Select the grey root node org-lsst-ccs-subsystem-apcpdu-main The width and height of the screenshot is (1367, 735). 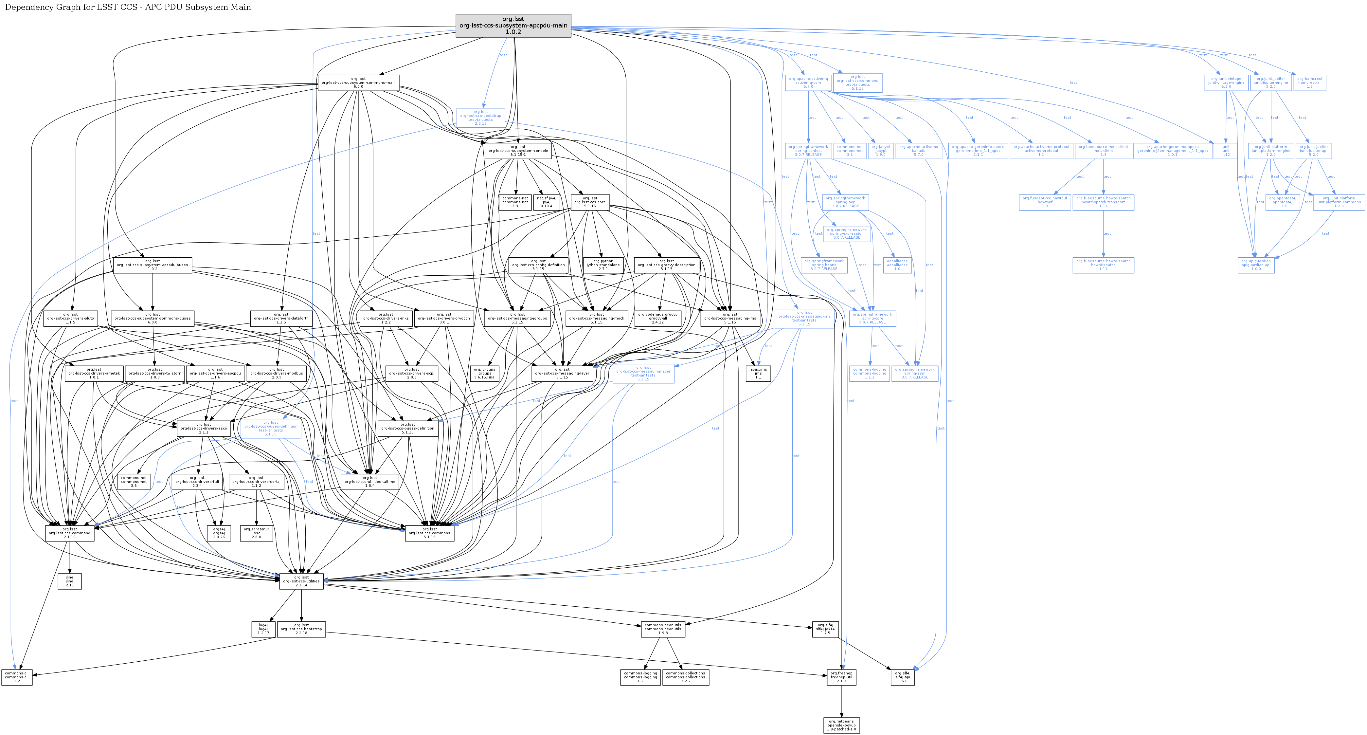tap(513, 26)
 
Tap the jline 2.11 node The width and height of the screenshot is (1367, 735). tap(69, 581)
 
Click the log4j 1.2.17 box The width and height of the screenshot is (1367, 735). tap(263, 629)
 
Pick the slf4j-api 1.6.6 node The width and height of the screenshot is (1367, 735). tap(902, 677)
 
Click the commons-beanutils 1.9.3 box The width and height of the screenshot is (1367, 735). tap(663, 629)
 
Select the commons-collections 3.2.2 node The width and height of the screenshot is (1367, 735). tap(686, 677)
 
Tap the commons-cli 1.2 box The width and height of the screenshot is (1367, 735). tap(17, 677)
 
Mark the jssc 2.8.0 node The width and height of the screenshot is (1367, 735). tap(256, 533)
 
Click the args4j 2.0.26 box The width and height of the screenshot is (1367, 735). tap(219, 533)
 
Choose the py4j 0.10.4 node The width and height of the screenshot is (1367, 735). tap(547, 202)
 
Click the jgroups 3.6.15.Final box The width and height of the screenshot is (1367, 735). tap(484, 373)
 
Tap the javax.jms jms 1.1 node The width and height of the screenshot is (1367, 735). tap(758, 373)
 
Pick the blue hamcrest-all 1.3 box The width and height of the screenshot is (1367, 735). tap(1310, 82)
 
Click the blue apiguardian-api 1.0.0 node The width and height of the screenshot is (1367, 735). tap(1256, 265)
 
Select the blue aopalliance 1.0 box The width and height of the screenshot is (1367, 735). tap(897, 265)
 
